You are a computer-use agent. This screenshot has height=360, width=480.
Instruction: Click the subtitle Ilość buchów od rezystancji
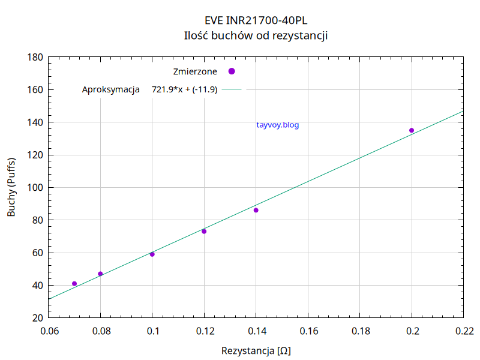pos(256,35)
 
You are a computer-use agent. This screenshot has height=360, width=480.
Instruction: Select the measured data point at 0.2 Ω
pos(412,130)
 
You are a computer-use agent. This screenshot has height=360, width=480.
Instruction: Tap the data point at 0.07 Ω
pos(74,284)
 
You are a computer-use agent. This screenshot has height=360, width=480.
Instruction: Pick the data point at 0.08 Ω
pos(100,274)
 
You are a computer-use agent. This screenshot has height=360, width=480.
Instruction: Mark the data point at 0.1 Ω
pos(152,254)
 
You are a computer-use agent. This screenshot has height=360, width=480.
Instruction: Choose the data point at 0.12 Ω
pos(204,232)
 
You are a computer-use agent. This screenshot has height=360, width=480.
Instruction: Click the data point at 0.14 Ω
pos(256,210)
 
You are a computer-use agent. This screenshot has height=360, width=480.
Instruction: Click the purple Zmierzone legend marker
pos(232,71)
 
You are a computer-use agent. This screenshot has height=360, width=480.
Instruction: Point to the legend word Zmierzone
pos(195,71)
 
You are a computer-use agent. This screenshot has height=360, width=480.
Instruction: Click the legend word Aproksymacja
pos(111,89)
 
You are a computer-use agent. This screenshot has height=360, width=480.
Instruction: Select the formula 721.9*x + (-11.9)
pos(184,89)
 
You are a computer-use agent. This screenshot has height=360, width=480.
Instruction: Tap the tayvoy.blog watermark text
pos(277,125)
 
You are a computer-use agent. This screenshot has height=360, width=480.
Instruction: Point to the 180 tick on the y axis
pos(35,58)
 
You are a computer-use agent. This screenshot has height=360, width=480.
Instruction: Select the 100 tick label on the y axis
pos(35,188)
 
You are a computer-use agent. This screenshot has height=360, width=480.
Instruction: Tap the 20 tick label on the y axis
pos(37,318)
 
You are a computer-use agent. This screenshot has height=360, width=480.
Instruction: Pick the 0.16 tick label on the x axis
pos(308,331)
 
